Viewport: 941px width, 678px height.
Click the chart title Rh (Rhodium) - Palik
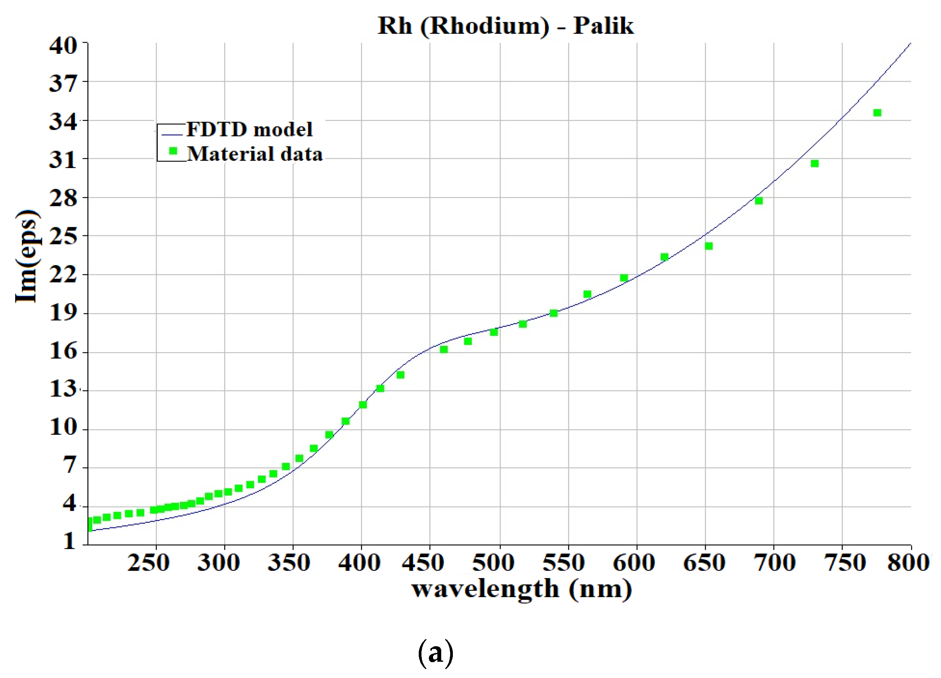(505, 26)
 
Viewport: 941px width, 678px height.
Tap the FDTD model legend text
(249, 129)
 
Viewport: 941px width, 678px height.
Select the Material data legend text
(255, 154)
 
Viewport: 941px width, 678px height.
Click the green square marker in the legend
(173, 151)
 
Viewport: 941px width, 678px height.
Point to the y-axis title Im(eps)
(27, 256)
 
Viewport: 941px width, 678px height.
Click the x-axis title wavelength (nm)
(521, 589)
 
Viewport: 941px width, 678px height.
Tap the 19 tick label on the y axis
(63, 312)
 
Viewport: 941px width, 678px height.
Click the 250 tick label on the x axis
(148, 563)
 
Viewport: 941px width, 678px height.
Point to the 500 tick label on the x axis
(493, 563)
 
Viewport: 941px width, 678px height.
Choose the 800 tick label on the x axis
(908, 563)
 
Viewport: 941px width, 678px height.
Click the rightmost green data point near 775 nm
(877, 113)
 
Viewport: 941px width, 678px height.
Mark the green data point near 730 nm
(815, 164)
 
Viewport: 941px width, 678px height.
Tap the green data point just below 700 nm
(759, 201)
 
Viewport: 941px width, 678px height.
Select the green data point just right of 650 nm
(709, 246)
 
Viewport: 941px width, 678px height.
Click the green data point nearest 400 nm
(363, 405)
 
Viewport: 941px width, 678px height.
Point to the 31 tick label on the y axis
(63, 160)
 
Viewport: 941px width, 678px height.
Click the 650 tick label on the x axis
(704, 563)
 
